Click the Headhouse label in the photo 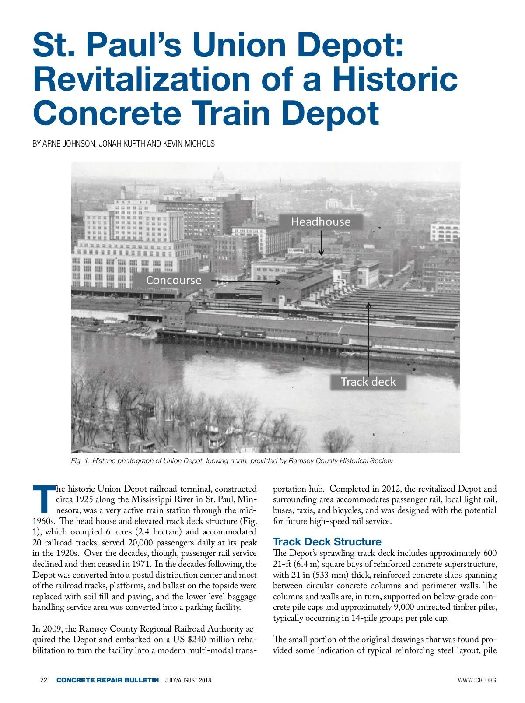(x=321, y=222)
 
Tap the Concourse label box (x=174, y=280)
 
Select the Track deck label (x=368, y=382)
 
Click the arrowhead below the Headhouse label (x=321, y=253)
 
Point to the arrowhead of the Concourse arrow (x=278, y=282)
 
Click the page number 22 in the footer (x=43, y=680)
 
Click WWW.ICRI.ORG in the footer (x=477, y=680)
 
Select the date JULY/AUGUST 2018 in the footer (x=188, y=680)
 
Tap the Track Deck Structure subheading (x=327, y=542)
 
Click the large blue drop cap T (x=43, y=499)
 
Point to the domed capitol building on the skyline (x=218, y=176)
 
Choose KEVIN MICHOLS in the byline (x=189, y=144)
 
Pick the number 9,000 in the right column (x=408, y=607)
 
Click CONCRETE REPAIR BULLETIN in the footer (x=108, y=680)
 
